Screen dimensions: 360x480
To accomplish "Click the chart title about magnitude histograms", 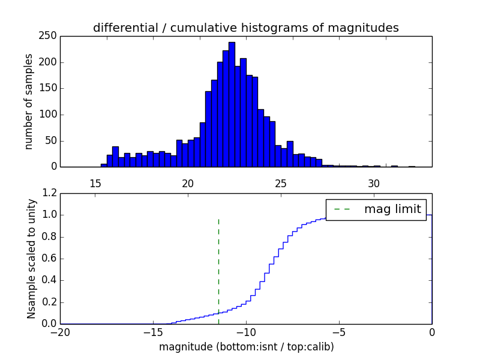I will (245, 28).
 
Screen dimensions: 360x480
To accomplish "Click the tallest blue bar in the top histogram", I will (232, 105).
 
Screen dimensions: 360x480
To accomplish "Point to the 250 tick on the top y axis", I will (50, 36).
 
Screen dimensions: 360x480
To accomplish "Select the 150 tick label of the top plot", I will (50, 88).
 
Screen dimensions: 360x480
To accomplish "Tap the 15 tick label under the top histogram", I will (95, 183).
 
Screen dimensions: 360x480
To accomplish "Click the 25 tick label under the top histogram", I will (281, 183).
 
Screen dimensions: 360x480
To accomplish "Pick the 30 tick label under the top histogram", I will (374, 183).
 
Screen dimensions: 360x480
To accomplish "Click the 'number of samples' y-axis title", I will (29, 101).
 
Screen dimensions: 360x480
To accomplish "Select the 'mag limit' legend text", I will (392, 209).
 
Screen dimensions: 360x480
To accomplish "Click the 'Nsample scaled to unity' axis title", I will (31, 259).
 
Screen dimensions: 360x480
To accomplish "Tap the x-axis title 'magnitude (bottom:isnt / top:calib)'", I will (246, 347).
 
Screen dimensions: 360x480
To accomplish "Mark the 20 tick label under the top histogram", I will (188, 183).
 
